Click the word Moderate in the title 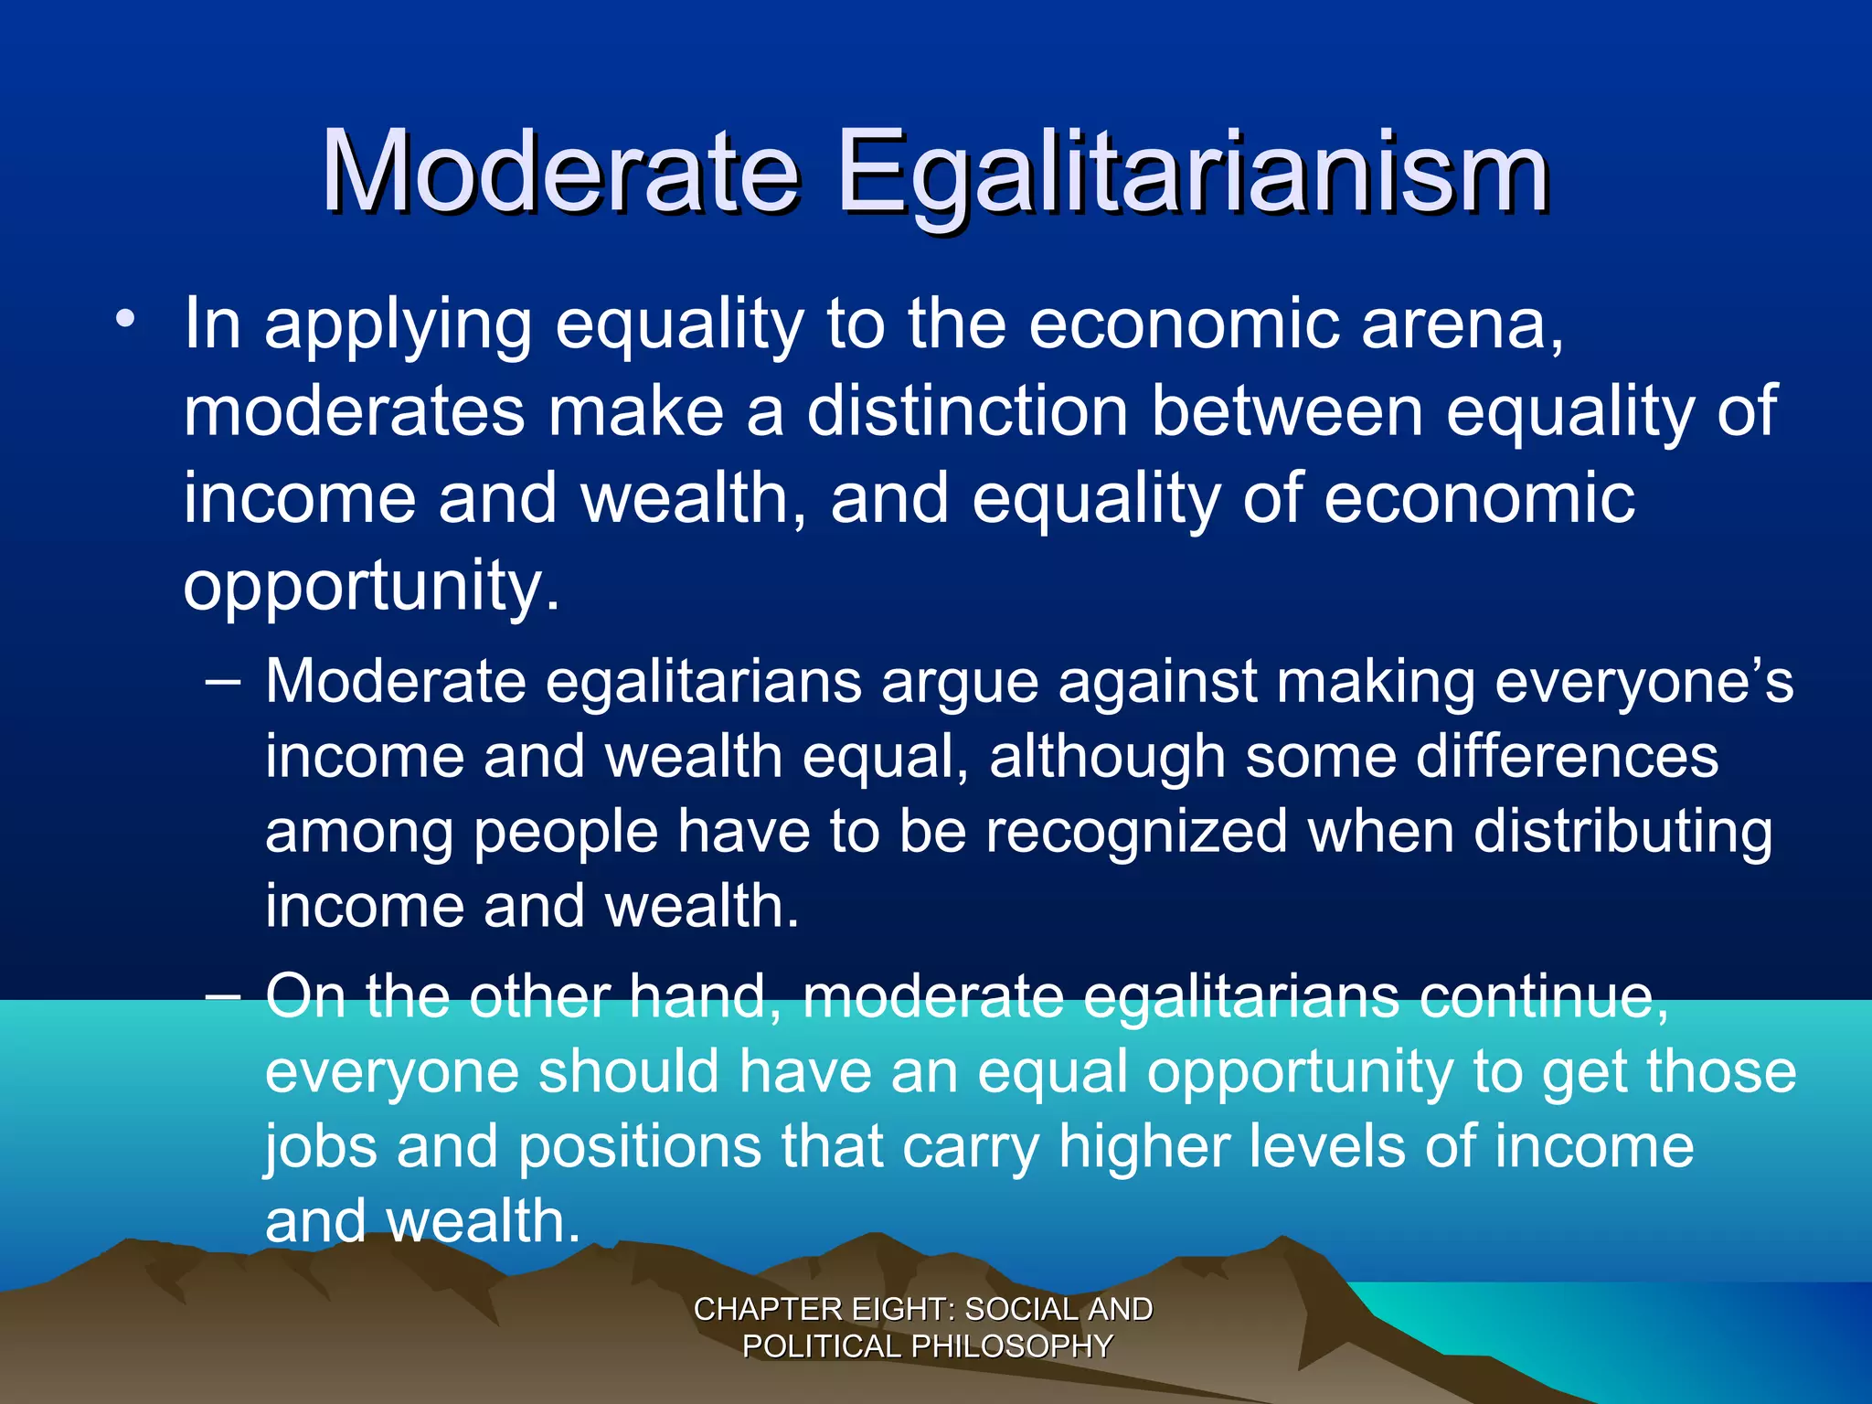click(x=559, y=172)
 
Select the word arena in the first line click(x=1461, y=325)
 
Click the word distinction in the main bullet click(x=967, y=411)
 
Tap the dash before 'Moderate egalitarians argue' click(x=224, y=681)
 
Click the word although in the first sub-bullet click(x=1107, y=759)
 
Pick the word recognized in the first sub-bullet click(x=1135, y=833)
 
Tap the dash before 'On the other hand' click(x=224, y=994)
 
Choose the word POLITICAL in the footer click(x=822, y=1346)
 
